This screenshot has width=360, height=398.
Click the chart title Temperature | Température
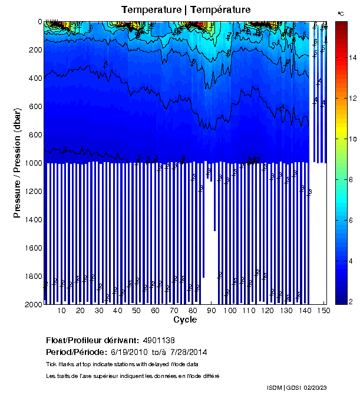click(x=186, y=9)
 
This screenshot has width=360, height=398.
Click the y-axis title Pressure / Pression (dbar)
click(x=17, y=162)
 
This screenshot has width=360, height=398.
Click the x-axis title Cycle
click(x=185, y=320)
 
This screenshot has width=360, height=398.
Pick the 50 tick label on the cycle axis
click(x=136, y=311)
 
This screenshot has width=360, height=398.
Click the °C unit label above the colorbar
click(x=341, y=13)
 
